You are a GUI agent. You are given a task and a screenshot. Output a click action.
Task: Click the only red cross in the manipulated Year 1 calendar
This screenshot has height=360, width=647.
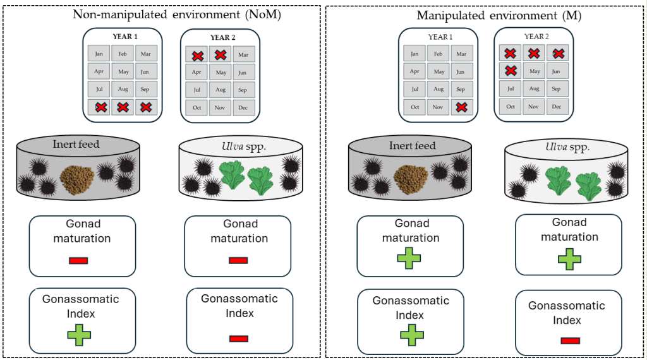point(461,107)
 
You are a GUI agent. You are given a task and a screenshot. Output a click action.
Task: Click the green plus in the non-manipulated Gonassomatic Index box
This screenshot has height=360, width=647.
point(79,334)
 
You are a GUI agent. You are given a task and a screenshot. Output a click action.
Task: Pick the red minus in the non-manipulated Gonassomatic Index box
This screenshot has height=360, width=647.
point(238,339)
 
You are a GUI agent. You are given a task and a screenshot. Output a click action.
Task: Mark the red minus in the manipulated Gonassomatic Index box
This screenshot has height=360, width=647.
point(570,341)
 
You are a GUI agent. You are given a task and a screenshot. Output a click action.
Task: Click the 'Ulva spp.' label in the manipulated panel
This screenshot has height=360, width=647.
point(567,147)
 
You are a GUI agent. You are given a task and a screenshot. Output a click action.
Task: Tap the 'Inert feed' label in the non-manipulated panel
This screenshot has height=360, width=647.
point(76,145)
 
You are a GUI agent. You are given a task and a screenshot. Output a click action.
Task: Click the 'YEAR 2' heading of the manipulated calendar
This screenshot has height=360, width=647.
point(536,37)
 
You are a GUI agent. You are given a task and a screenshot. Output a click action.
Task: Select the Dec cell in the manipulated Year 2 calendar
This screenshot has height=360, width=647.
point(557,107)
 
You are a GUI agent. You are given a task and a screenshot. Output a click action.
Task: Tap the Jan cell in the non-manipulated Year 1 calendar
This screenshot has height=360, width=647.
point(99,54)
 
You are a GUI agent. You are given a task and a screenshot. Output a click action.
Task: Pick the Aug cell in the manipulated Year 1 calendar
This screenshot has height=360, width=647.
point(438,90)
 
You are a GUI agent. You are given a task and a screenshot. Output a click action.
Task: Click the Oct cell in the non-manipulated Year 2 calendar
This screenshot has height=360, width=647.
point(197,108)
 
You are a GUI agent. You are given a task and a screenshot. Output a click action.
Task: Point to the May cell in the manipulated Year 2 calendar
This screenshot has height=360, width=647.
point(535,71)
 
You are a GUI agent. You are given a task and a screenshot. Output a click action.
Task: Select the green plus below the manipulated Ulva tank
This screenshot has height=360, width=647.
point(569,260)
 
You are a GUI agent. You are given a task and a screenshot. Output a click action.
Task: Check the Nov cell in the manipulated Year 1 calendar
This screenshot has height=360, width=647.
point(438,107)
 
